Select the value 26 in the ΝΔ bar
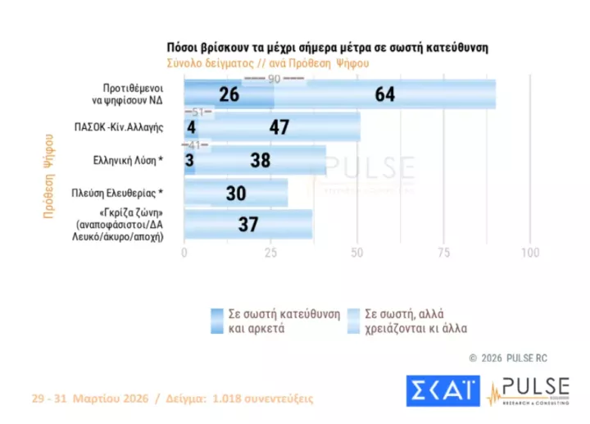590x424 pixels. click(229, 94)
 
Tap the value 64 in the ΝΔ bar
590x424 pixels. click(385, 94)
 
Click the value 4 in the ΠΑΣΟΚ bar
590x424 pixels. click(190, 127)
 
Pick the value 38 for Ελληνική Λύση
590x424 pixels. click(261, 161)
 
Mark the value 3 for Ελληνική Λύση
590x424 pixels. click(189, 161)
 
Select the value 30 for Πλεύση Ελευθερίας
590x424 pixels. click(238, 194)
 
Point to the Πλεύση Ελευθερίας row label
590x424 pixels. click(127, 194)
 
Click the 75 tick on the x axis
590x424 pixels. click(444, 252)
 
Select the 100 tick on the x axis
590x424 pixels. click(530, 252)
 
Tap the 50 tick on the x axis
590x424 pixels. click(357, 252)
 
